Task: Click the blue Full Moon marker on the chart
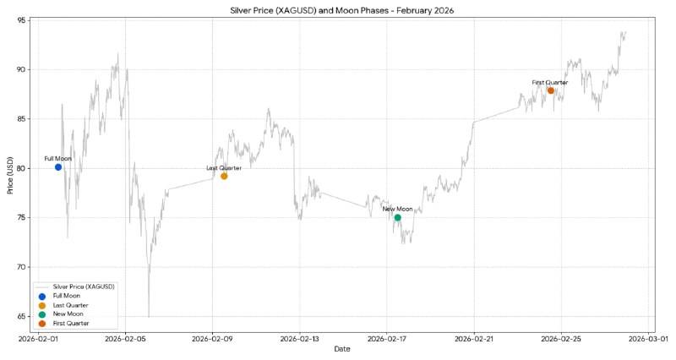click(x=58, y=166)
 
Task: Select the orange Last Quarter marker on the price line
click(x=224, y=176)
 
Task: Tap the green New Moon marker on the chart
click(x=397, y=217)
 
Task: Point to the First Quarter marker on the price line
click(x=551, y=90)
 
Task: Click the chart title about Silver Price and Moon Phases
click(x=342, y=10)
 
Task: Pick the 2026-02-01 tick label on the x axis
click(x=38, y=339)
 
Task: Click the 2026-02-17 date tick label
click(x=387, y=339)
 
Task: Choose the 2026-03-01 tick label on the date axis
click(x=648, y=339)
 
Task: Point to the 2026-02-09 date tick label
click(x=212, y=339)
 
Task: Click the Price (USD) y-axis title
click(x=10, y=175)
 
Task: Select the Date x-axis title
click(x=342, y=349)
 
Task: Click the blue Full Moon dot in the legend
click(x=41, y=296)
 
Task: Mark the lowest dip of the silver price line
click(x=149, y=317)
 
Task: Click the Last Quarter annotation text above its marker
click(x=224, y=168)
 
